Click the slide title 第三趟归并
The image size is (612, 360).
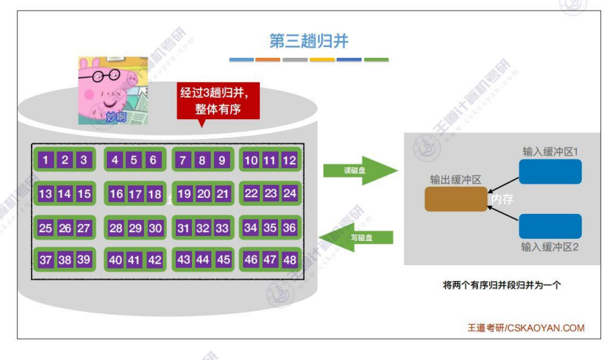[x=309, y=42]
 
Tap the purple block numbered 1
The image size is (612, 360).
[x=45, y=160]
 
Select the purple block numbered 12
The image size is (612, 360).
[x=290, y=160]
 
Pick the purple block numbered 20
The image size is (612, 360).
[x=203, y=194]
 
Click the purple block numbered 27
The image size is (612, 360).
[x=83, y=228]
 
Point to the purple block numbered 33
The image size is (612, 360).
[x=222, y=228]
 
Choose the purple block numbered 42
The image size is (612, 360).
[x=154, y=260]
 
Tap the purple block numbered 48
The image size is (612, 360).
[x=290, y=260]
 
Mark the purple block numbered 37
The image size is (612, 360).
[x=45, y=260]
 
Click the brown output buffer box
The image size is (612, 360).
[x=456, y=199]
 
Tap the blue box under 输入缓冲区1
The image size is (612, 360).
[x=550, y=172]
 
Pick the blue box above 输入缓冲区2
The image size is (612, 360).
[x=550, y=226]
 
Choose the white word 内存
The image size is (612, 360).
[x=503, y=199]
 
